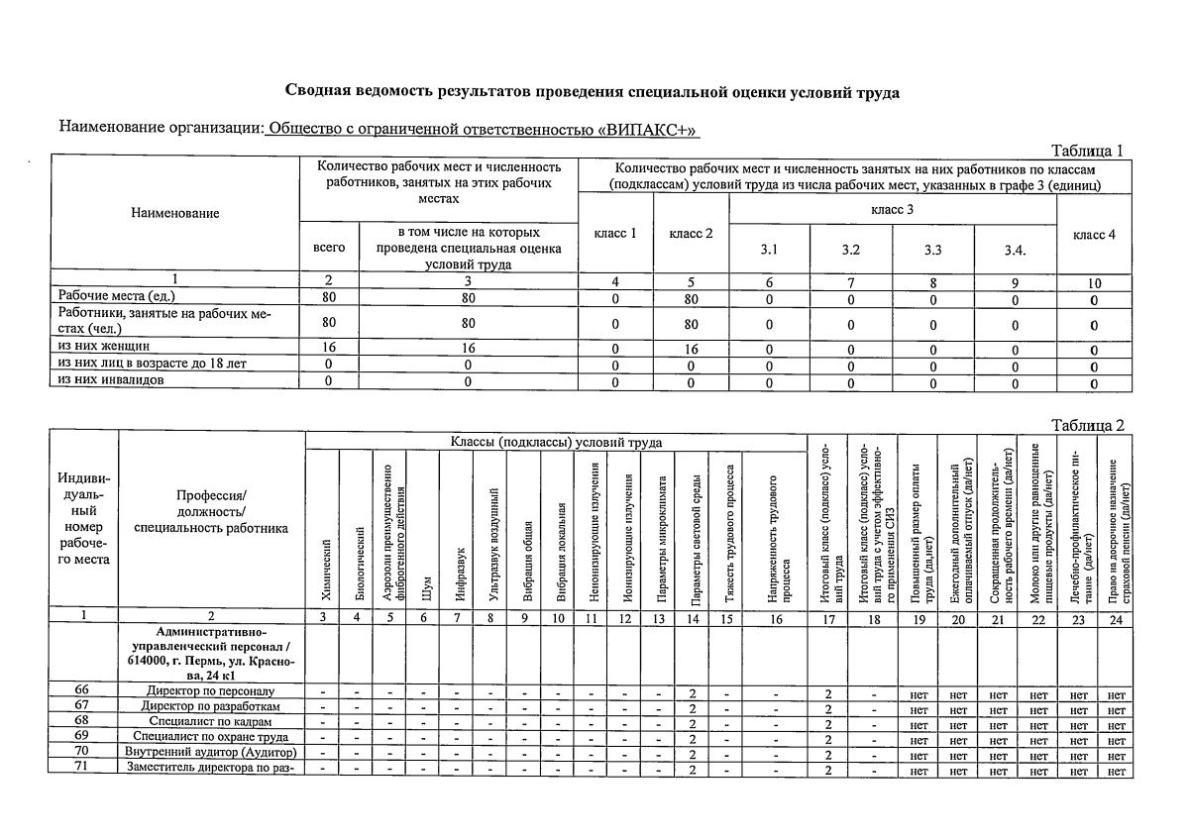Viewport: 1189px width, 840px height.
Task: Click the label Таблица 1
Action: pos(1087,152)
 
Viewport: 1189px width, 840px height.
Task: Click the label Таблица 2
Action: pos(1088,426)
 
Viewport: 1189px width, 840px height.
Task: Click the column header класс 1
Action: pos(614,234)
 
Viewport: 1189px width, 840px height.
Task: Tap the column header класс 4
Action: pos(1094,234)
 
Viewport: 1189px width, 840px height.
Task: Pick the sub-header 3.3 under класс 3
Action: pos(933,251)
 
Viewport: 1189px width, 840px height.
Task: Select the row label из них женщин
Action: pos(104,348)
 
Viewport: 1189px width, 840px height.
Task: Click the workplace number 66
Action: pos(83,690)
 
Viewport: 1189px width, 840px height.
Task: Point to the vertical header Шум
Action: pos(424,588)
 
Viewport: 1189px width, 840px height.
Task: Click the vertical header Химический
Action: pos(323,575)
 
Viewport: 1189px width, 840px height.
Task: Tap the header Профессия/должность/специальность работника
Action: pos(211,511)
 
